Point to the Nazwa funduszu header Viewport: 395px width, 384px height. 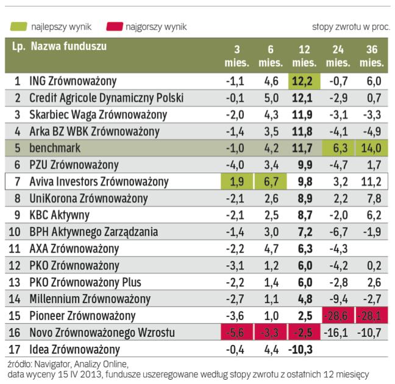click(68, 46)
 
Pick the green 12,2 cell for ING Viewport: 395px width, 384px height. click(304, 80)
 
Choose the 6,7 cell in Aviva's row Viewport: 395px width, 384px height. click(271, 181)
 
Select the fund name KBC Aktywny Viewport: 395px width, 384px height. click(59, 215)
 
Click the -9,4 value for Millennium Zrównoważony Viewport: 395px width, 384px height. click(340, 299)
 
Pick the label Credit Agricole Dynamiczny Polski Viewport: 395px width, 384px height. click(106, 98)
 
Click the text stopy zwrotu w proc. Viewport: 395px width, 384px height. click(351, 27)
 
